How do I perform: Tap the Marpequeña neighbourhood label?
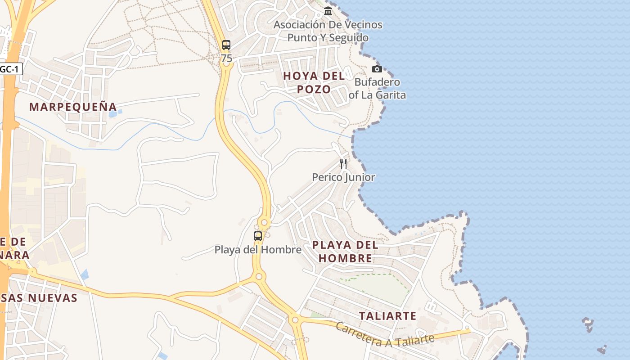coord(73,107)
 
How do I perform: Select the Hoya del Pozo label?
coord(314,82)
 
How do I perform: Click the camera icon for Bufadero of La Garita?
coord(377,69)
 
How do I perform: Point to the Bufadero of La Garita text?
coord(377,89)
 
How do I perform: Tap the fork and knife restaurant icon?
coord(343,163)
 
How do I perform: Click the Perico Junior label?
coord(343,177)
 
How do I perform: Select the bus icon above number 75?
coord(226,45)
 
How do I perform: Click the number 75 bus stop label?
coord(227,58)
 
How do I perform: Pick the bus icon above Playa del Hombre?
coord(258,236)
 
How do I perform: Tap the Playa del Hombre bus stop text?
coord(258,249)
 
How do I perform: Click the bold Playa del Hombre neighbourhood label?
coord(345,252)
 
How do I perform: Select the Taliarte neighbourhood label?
coord(388,316)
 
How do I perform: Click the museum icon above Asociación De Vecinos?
coord(328,11)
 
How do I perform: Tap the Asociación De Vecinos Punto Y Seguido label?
coord(328,31)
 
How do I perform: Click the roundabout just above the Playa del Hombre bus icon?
coord(264,222)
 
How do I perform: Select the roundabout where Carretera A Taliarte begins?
coord(295,320)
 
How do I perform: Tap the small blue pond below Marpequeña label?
coord(112,113)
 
